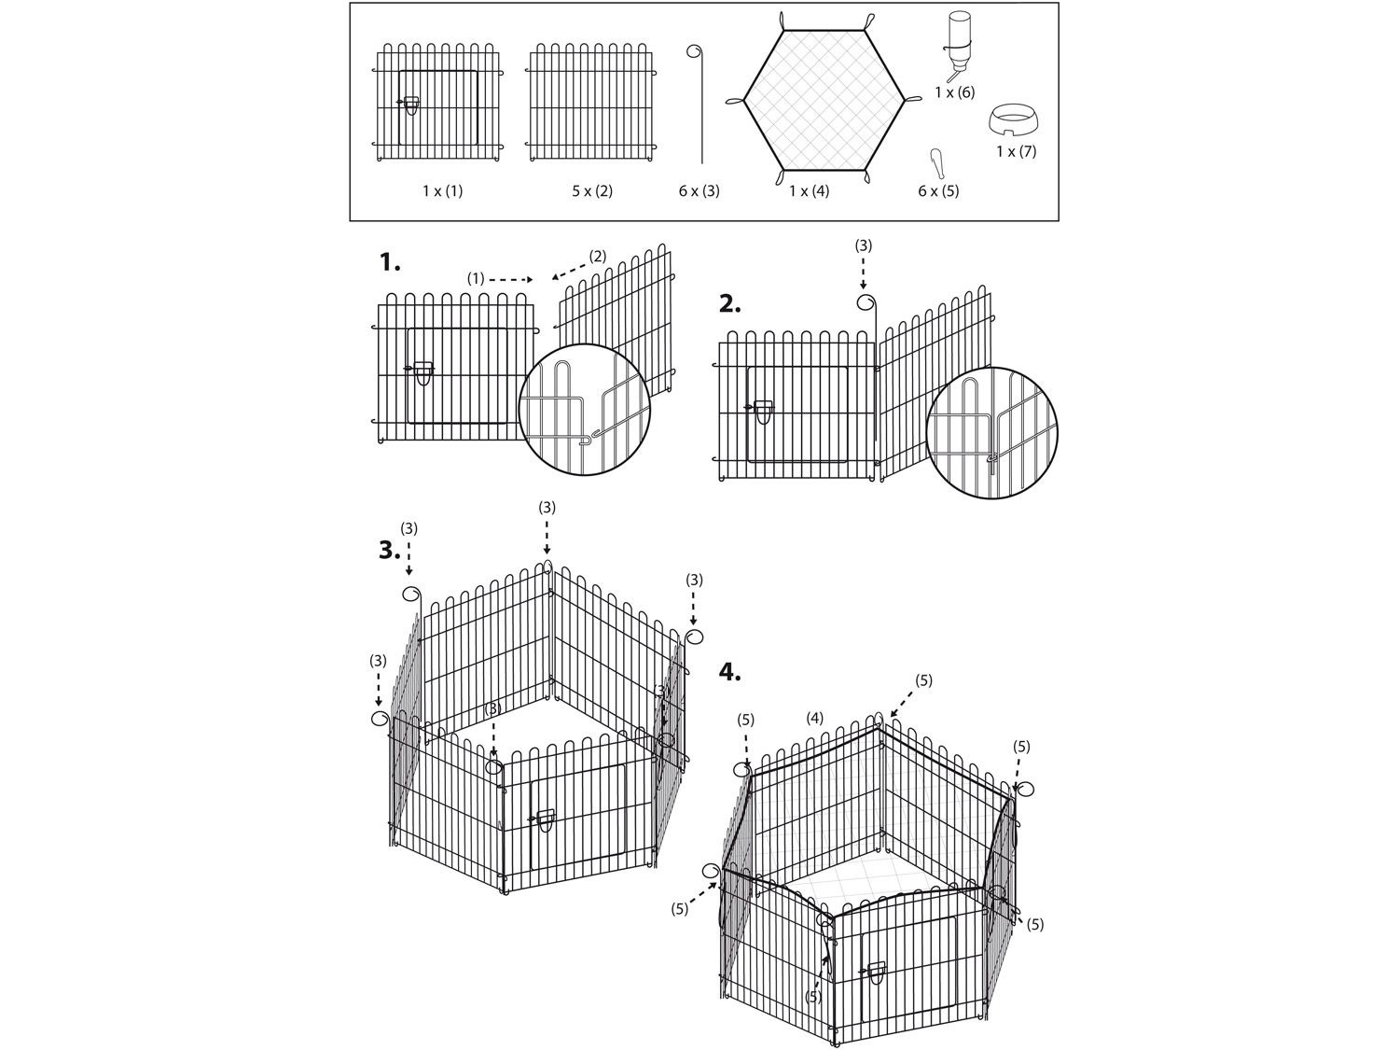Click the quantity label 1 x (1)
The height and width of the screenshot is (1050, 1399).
442,190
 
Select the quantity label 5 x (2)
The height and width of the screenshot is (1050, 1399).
592,190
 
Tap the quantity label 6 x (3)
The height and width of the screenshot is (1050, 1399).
699,190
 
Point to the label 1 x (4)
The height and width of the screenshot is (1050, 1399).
809,190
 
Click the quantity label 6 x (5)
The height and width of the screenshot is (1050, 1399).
938,190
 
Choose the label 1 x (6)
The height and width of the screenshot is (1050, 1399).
955,92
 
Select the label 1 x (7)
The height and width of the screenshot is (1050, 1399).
1016,151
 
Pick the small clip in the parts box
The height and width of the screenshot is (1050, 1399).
936,164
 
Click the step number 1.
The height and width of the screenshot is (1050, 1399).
390,262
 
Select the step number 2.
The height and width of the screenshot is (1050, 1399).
729,304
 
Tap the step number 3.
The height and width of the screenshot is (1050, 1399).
390,550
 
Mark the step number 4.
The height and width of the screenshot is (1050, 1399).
729,672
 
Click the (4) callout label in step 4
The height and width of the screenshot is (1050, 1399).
814,719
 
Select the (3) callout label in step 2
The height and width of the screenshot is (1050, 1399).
863,246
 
